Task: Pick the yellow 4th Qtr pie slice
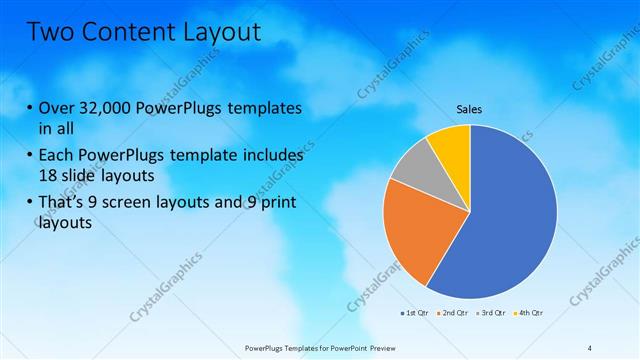tap(452, 145)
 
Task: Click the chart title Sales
tap(470, 108)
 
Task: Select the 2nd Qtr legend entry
tap(454, 314)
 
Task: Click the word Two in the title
tap(48, 33)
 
